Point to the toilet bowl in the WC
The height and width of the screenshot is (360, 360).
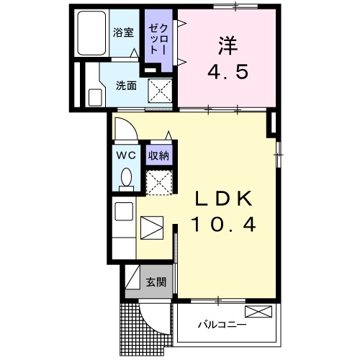pos(127,177)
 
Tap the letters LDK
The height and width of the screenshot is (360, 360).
pos(222,198)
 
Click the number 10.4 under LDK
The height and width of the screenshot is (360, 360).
pos(222,225)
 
